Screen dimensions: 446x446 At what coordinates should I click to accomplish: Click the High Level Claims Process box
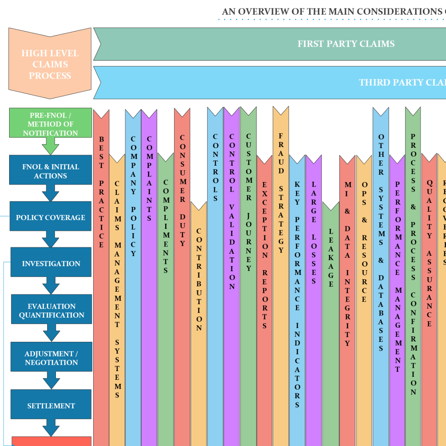click(50, 64)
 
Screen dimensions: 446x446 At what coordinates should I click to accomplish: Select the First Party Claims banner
click(346, 44)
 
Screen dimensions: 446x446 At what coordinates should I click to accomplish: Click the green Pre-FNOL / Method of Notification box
click(50, 124)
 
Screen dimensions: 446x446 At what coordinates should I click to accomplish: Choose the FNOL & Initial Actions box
click(50, 171)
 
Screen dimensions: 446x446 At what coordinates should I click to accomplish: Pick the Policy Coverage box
click(50, 217)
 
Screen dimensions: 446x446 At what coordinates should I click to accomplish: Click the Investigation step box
click(51, 263)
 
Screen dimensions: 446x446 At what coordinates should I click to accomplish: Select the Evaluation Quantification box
click(52, 310)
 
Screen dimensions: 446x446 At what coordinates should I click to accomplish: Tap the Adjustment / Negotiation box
click(51, 358)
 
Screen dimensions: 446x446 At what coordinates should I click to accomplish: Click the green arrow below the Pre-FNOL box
click(50, 146)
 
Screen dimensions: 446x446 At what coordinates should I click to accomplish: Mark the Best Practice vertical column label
click(101, 192)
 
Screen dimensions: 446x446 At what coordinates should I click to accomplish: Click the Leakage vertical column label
click(331, 258)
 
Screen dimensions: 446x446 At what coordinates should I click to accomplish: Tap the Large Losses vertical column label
click(314, 233)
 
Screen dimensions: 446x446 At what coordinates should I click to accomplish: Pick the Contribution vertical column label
click(199, 279)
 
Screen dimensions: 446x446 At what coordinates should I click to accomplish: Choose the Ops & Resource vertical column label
click(364, 241)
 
